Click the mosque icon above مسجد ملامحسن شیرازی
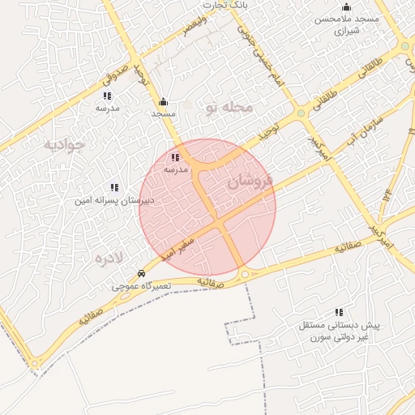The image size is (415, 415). pyautogui.click(x=347, y=7)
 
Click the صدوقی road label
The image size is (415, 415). pyautogui.click(x=115, y=75)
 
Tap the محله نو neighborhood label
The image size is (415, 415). pyautogui.click(x=229, y=108)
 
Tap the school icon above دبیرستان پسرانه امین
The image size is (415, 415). pyautogui.click(x=114, y=187)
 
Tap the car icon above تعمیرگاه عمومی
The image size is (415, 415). pyautogui.click(x=142, y=274)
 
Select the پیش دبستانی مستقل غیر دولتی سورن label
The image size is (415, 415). pyautogui.click(x=333, y=330)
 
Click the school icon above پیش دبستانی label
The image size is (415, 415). pyautogui.click(x=339, y=312)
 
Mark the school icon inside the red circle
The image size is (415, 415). pyautogui.click(x=176, y=157)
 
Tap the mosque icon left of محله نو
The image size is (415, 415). pyautogui.click(x=163, y=102)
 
